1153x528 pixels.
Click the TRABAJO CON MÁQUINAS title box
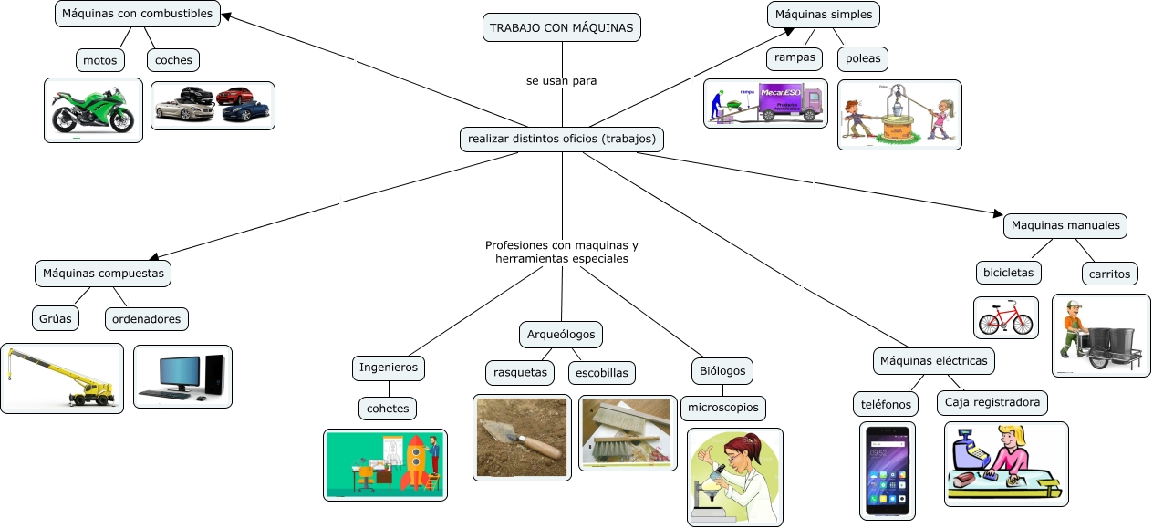tap(561, 28)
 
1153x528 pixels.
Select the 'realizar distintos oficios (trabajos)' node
tap(561, 140)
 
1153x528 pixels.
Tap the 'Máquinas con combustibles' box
tap(137, 14)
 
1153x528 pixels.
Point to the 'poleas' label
tap(863, 58)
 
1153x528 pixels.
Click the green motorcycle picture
tap(93, 110)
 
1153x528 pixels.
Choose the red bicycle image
tap(1005, 318)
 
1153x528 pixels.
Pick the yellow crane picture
tap(62, 378)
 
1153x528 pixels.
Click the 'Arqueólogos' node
tap(561, 335)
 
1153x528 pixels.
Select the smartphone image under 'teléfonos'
tap(888, 471)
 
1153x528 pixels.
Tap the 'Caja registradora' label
tap(992, 402)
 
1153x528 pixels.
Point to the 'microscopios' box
tap(723, 408)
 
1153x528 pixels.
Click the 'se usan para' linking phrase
tap(561, 81)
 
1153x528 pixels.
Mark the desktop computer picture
tap(182, 377)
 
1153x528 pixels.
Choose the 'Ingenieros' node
tap(389, 368)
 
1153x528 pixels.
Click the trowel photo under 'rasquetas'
tap(522, 437)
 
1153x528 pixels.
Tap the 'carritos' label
tap(1109, 273)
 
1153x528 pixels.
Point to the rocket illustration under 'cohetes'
tap(385, 465)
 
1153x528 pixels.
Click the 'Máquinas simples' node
tap(824, 14)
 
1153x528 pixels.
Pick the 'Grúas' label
tap(55, 318)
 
